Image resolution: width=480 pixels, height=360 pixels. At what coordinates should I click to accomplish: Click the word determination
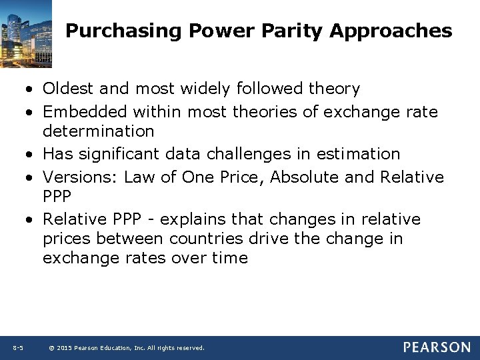coord(99,131)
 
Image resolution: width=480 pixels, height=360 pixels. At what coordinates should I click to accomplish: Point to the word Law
coord(139,177)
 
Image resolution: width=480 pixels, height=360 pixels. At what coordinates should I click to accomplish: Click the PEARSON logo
coord(437,347)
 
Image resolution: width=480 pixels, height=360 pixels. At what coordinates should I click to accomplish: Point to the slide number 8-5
coord(18,348)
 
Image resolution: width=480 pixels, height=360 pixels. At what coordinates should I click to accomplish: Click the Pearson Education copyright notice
coord(127,348)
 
